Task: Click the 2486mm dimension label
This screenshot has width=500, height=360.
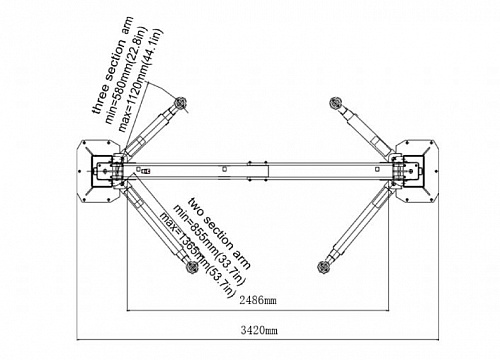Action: pos(258,300)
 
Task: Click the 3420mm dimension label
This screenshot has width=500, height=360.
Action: pos(259,331)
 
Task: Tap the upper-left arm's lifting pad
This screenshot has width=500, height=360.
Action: pos(181,102)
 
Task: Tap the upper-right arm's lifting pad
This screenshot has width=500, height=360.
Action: pos(334,103)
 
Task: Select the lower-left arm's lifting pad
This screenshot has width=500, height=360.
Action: pos(192,267)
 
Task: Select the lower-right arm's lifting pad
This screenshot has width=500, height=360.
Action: pos(323,267)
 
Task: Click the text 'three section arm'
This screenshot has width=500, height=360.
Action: pos(112,66)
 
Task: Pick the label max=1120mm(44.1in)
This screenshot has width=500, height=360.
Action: pos(140,81)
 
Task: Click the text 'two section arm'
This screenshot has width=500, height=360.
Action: pos(219,233)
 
